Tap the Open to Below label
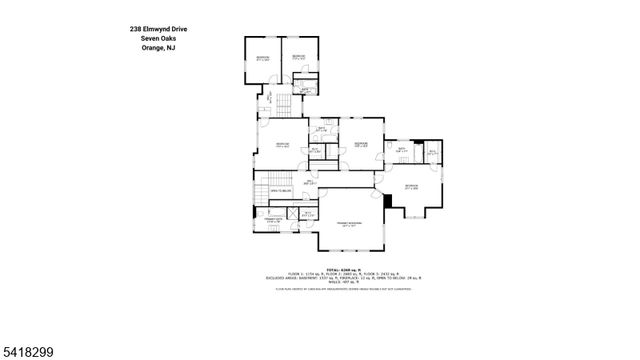coord(279,189)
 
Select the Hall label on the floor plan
coord(309,183)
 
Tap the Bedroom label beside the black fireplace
coord(410,186)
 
